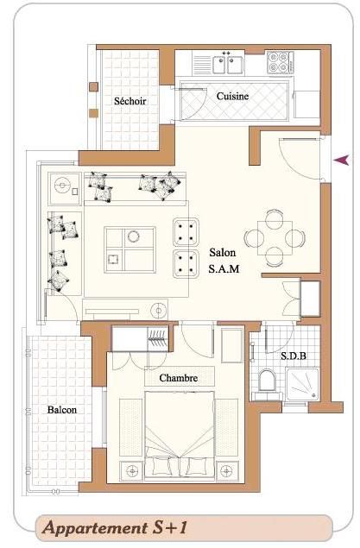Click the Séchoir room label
click(129, 101)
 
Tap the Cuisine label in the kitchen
click(232, 96)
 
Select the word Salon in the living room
click(223, 252)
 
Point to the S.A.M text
click(224, 268)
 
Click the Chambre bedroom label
click(178, 378)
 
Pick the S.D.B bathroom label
click(294, 356)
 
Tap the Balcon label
click(62, 410)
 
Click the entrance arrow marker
click(341, 160)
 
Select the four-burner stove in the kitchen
click(279, 62)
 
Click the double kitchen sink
click(228, 63)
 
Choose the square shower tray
click(302, 383)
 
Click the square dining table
click(275, 238)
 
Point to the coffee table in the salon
click(129, 249)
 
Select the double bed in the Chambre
click(179, 434)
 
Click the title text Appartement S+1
click(115, 527)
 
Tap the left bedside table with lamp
click(131, 471)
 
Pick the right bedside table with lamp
click(227, 470)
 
